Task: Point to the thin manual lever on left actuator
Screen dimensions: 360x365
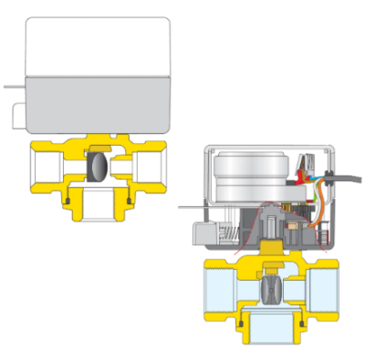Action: click(13, 88)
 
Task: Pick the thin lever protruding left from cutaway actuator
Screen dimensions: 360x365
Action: click(187, 212)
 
